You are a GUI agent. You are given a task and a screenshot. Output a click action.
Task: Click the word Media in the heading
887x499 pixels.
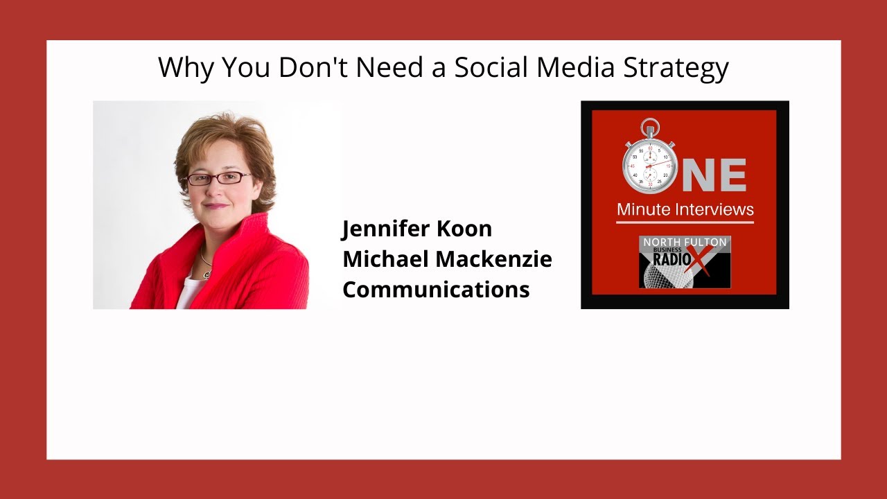(x=576, y=68)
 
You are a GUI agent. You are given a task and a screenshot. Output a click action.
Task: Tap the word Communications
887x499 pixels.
(x=436, y=289)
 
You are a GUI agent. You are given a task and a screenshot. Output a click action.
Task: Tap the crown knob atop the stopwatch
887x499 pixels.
(x=649, y=127)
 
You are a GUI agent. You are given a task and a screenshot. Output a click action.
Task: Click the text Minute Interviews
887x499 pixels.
(x=685, y=209)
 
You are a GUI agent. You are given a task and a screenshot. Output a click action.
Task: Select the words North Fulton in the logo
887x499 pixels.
(x=685, y=242)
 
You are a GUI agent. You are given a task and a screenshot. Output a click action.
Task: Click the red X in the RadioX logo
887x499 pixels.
(x=704, y=261)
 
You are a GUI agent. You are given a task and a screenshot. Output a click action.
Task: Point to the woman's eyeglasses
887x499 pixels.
(x=218, y=178)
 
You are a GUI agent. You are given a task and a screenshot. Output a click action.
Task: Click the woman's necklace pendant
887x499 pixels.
(x=205, y=275)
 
